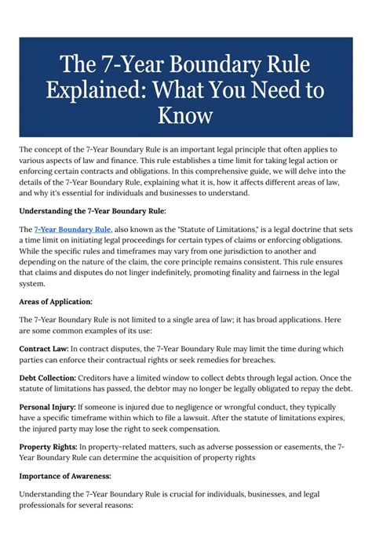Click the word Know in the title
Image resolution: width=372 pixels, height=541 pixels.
tap(186, 116)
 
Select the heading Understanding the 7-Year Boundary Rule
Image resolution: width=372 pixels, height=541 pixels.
tap(93, 210)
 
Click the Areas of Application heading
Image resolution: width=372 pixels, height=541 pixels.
tap(56, 301)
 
